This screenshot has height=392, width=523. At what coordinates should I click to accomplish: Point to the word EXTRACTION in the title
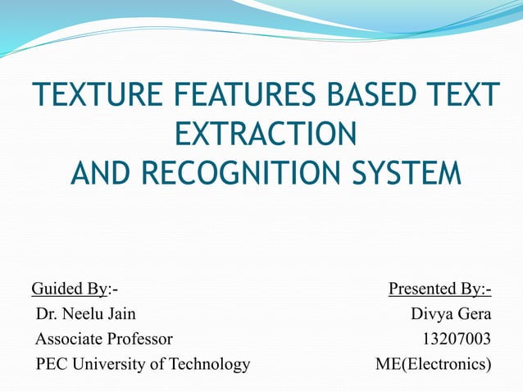[x=266, y=134]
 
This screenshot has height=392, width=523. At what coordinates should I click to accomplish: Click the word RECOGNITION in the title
[x=259, y=173]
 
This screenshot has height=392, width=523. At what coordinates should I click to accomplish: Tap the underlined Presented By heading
[x=439, y=289]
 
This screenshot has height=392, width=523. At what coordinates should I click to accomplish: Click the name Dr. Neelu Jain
[x=86, y=313]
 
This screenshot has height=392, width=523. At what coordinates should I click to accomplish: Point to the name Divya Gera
[x=451, y=313]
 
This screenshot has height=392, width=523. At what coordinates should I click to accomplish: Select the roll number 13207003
[x=457, y=338]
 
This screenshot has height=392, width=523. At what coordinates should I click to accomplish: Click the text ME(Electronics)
[x=434, y=363]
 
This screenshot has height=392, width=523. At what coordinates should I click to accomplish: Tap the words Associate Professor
[x=104, y=338]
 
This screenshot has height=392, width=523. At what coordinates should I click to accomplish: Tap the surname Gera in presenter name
[x=473, y=313]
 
